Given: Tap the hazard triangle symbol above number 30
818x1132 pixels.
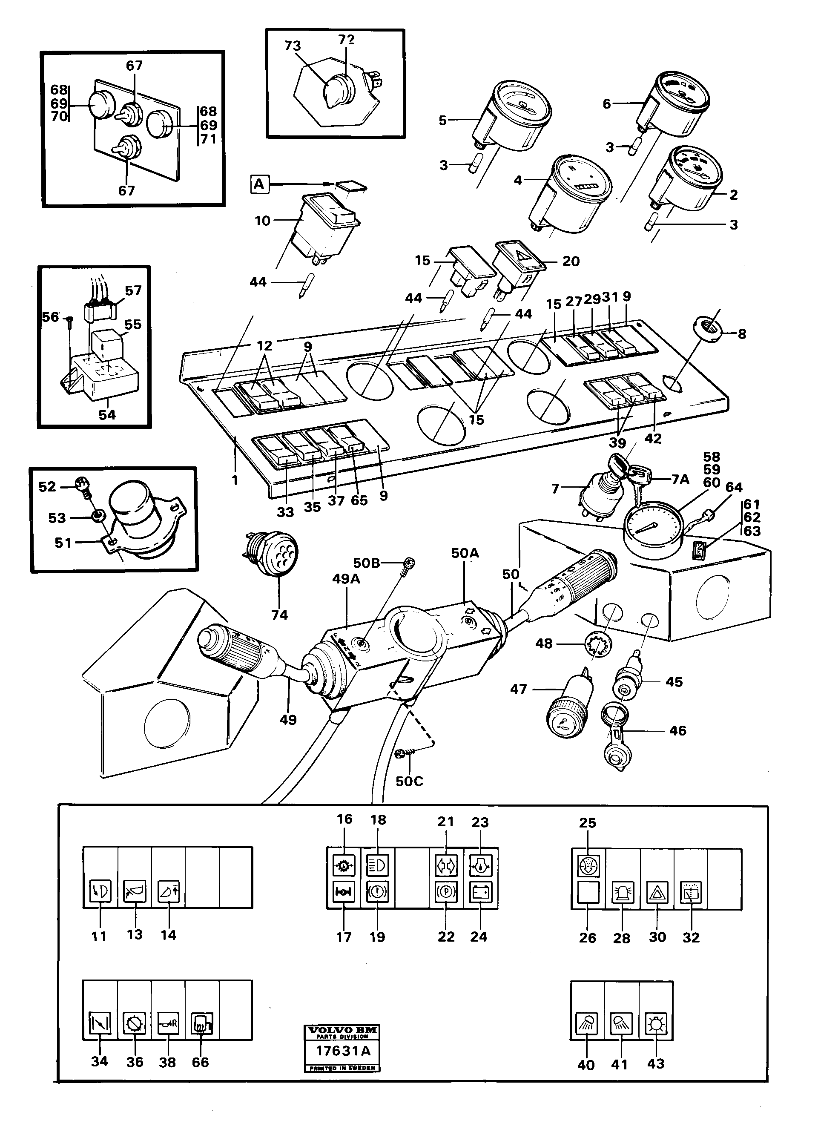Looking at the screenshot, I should tap(656, 892).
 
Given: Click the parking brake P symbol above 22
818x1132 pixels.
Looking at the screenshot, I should tap(444, 891).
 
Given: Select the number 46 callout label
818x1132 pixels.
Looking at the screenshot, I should tap(677, 731).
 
